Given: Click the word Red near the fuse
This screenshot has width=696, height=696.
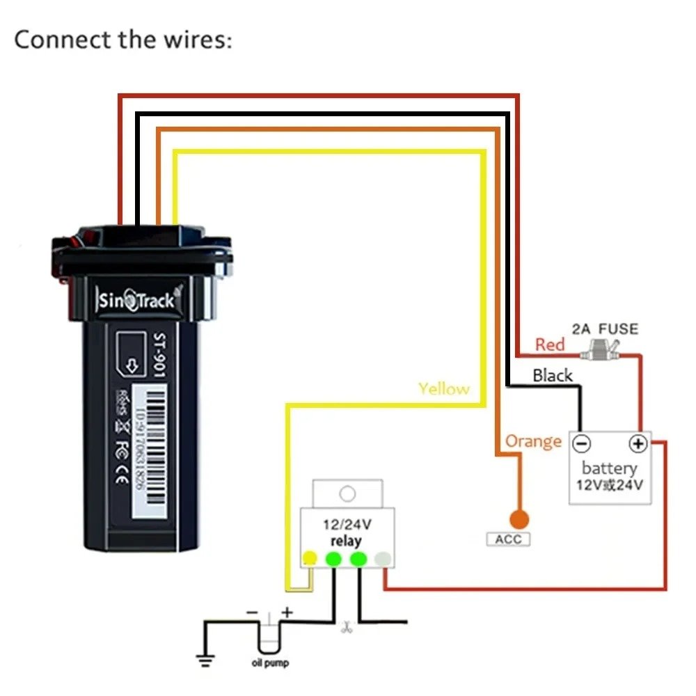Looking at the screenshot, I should (550, 345).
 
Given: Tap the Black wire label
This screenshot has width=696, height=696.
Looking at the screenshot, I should (553, 376).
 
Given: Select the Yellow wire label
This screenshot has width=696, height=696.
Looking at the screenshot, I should (444, 388).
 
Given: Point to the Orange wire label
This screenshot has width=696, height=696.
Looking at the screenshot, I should (533, 441).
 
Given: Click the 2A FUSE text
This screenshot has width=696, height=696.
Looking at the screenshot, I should (604, 328).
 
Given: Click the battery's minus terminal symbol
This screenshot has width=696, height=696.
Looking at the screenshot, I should (583, 443).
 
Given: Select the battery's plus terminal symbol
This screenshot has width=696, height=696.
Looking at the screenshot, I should (637, 443).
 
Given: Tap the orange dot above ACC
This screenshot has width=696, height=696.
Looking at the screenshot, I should (519, 519).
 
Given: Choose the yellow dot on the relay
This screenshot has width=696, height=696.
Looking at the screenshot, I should (309, 558).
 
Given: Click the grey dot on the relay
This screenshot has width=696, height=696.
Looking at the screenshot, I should (381, 558).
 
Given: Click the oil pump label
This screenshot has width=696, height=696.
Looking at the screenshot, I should (269, 663).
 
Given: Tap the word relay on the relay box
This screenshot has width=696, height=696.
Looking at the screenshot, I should (346, 541).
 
